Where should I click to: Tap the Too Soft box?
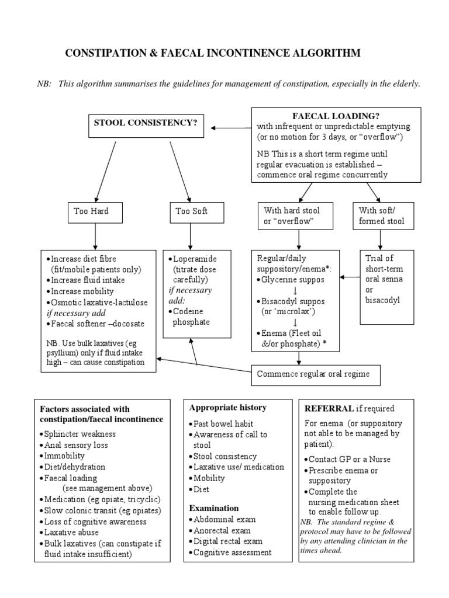coord(191,211)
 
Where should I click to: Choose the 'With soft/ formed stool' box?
coord(382,216)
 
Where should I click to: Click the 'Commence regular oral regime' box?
coord(313,374)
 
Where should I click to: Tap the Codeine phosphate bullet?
coord(191,317)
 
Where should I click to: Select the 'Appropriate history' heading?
coord(228,408)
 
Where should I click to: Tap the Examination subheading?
coord(214,507)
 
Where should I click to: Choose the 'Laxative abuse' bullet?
coord(71,532)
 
